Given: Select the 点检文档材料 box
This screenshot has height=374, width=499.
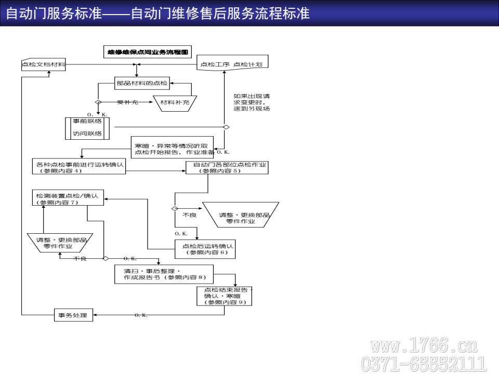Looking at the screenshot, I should coord(44,65).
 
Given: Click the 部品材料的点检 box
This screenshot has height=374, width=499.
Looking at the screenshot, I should coord(142,83).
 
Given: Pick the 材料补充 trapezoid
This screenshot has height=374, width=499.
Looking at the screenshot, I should coord(174,103).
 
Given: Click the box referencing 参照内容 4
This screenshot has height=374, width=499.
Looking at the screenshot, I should coord(79,167).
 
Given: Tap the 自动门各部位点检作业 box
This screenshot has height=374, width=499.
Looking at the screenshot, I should coord(227,167).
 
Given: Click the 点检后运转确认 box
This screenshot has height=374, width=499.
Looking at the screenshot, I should coord(205,249).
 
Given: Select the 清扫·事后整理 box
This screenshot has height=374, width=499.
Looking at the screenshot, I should coord(164,274).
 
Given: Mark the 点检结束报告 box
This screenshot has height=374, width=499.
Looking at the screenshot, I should coord(225,296).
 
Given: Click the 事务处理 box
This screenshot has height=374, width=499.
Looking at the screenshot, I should coord(74,315).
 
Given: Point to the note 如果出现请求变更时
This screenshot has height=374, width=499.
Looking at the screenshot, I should coord(252,102).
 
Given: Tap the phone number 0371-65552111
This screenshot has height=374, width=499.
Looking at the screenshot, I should coord(423,363).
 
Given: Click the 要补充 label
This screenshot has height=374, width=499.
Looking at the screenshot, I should coord(127,103).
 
